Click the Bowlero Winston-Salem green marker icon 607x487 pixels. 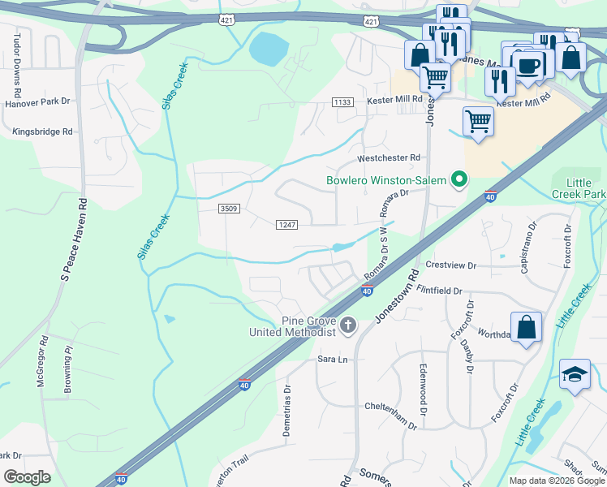(458, 180)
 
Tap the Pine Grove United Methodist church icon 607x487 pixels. (348, 325)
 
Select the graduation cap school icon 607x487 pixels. (575, 374)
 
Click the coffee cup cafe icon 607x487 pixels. (527, 66)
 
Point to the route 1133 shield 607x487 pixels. (342, 101)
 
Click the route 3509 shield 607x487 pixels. (228, 209)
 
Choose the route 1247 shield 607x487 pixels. (287, 224)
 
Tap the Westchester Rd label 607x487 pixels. (390, 157)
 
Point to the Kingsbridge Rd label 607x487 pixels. (42, 131)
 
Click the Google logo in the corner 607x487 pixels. (27, 477)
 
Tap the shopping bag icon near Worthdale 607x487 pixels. (527, 328)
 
